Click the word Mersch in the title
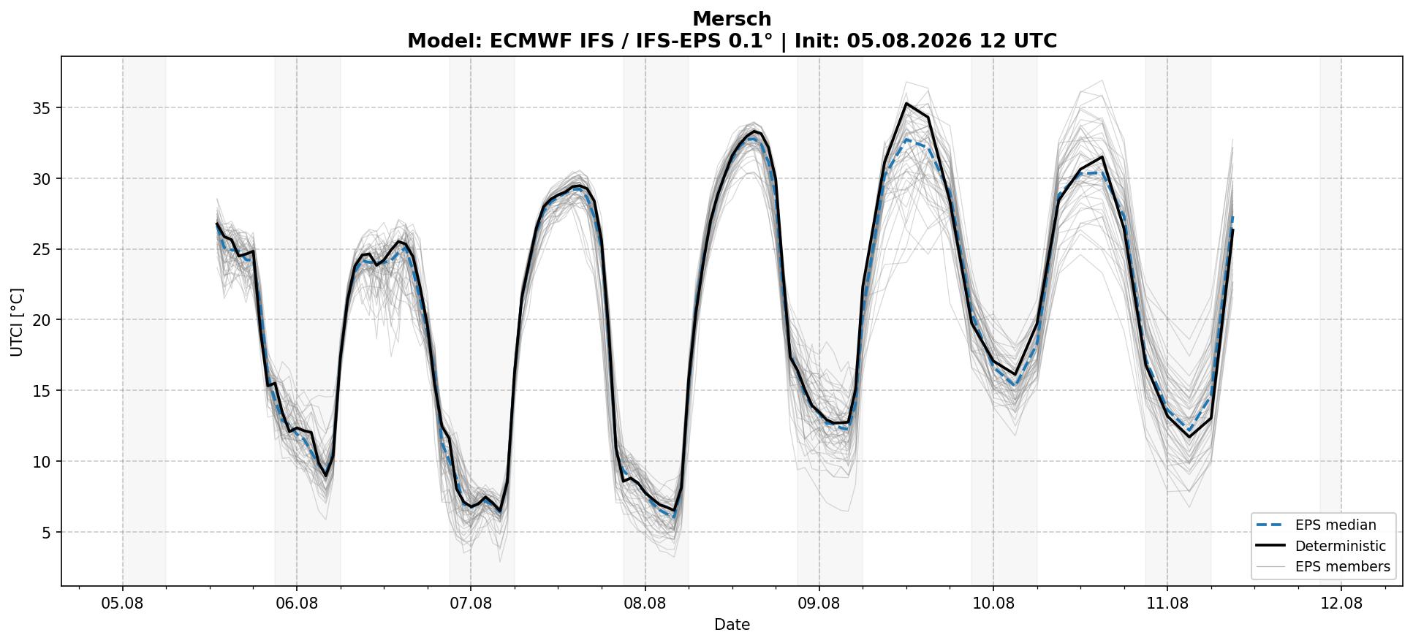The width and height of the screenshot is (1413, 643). [732, 19]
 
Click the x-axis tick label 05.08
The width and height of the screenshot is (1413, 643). [123, 604]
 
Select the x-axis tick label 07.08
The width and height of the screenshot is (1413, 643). [471, 604]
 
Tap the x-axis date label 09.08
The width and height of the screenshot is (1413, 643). [819, 604]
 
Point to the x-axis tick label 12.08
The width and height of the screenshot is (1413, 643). [1341, 604]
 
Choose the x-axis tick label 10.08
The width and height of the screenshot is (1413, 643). [993, 604]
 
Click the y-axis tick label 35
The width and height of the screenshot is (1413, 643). [44, 108]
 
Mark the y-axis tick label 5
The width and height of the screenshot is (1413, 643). [48, 533]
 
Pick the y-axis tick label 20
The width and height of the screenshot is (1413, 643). [44, 320]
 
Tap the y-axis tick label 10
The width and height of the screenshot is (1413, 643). [44, 462]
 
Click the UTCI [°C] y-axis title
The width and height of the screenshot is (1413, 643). [17, 322]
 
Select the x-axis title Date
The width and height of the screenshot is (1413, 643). [732, 625]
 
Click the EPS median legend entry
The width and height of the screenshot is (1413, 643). [1324, 525]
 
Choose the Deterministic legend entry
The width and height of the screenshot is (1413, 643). [1324, 546]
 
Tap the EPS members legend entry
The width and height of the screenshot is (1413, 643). [1324, 567]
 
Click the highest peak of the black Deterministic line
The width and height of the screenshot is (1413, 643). [906, 103]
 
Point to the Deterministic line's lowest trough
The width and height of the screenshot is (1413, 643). [500, 510]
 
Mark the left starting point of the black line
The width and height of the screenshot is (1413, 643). [217, 224]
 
